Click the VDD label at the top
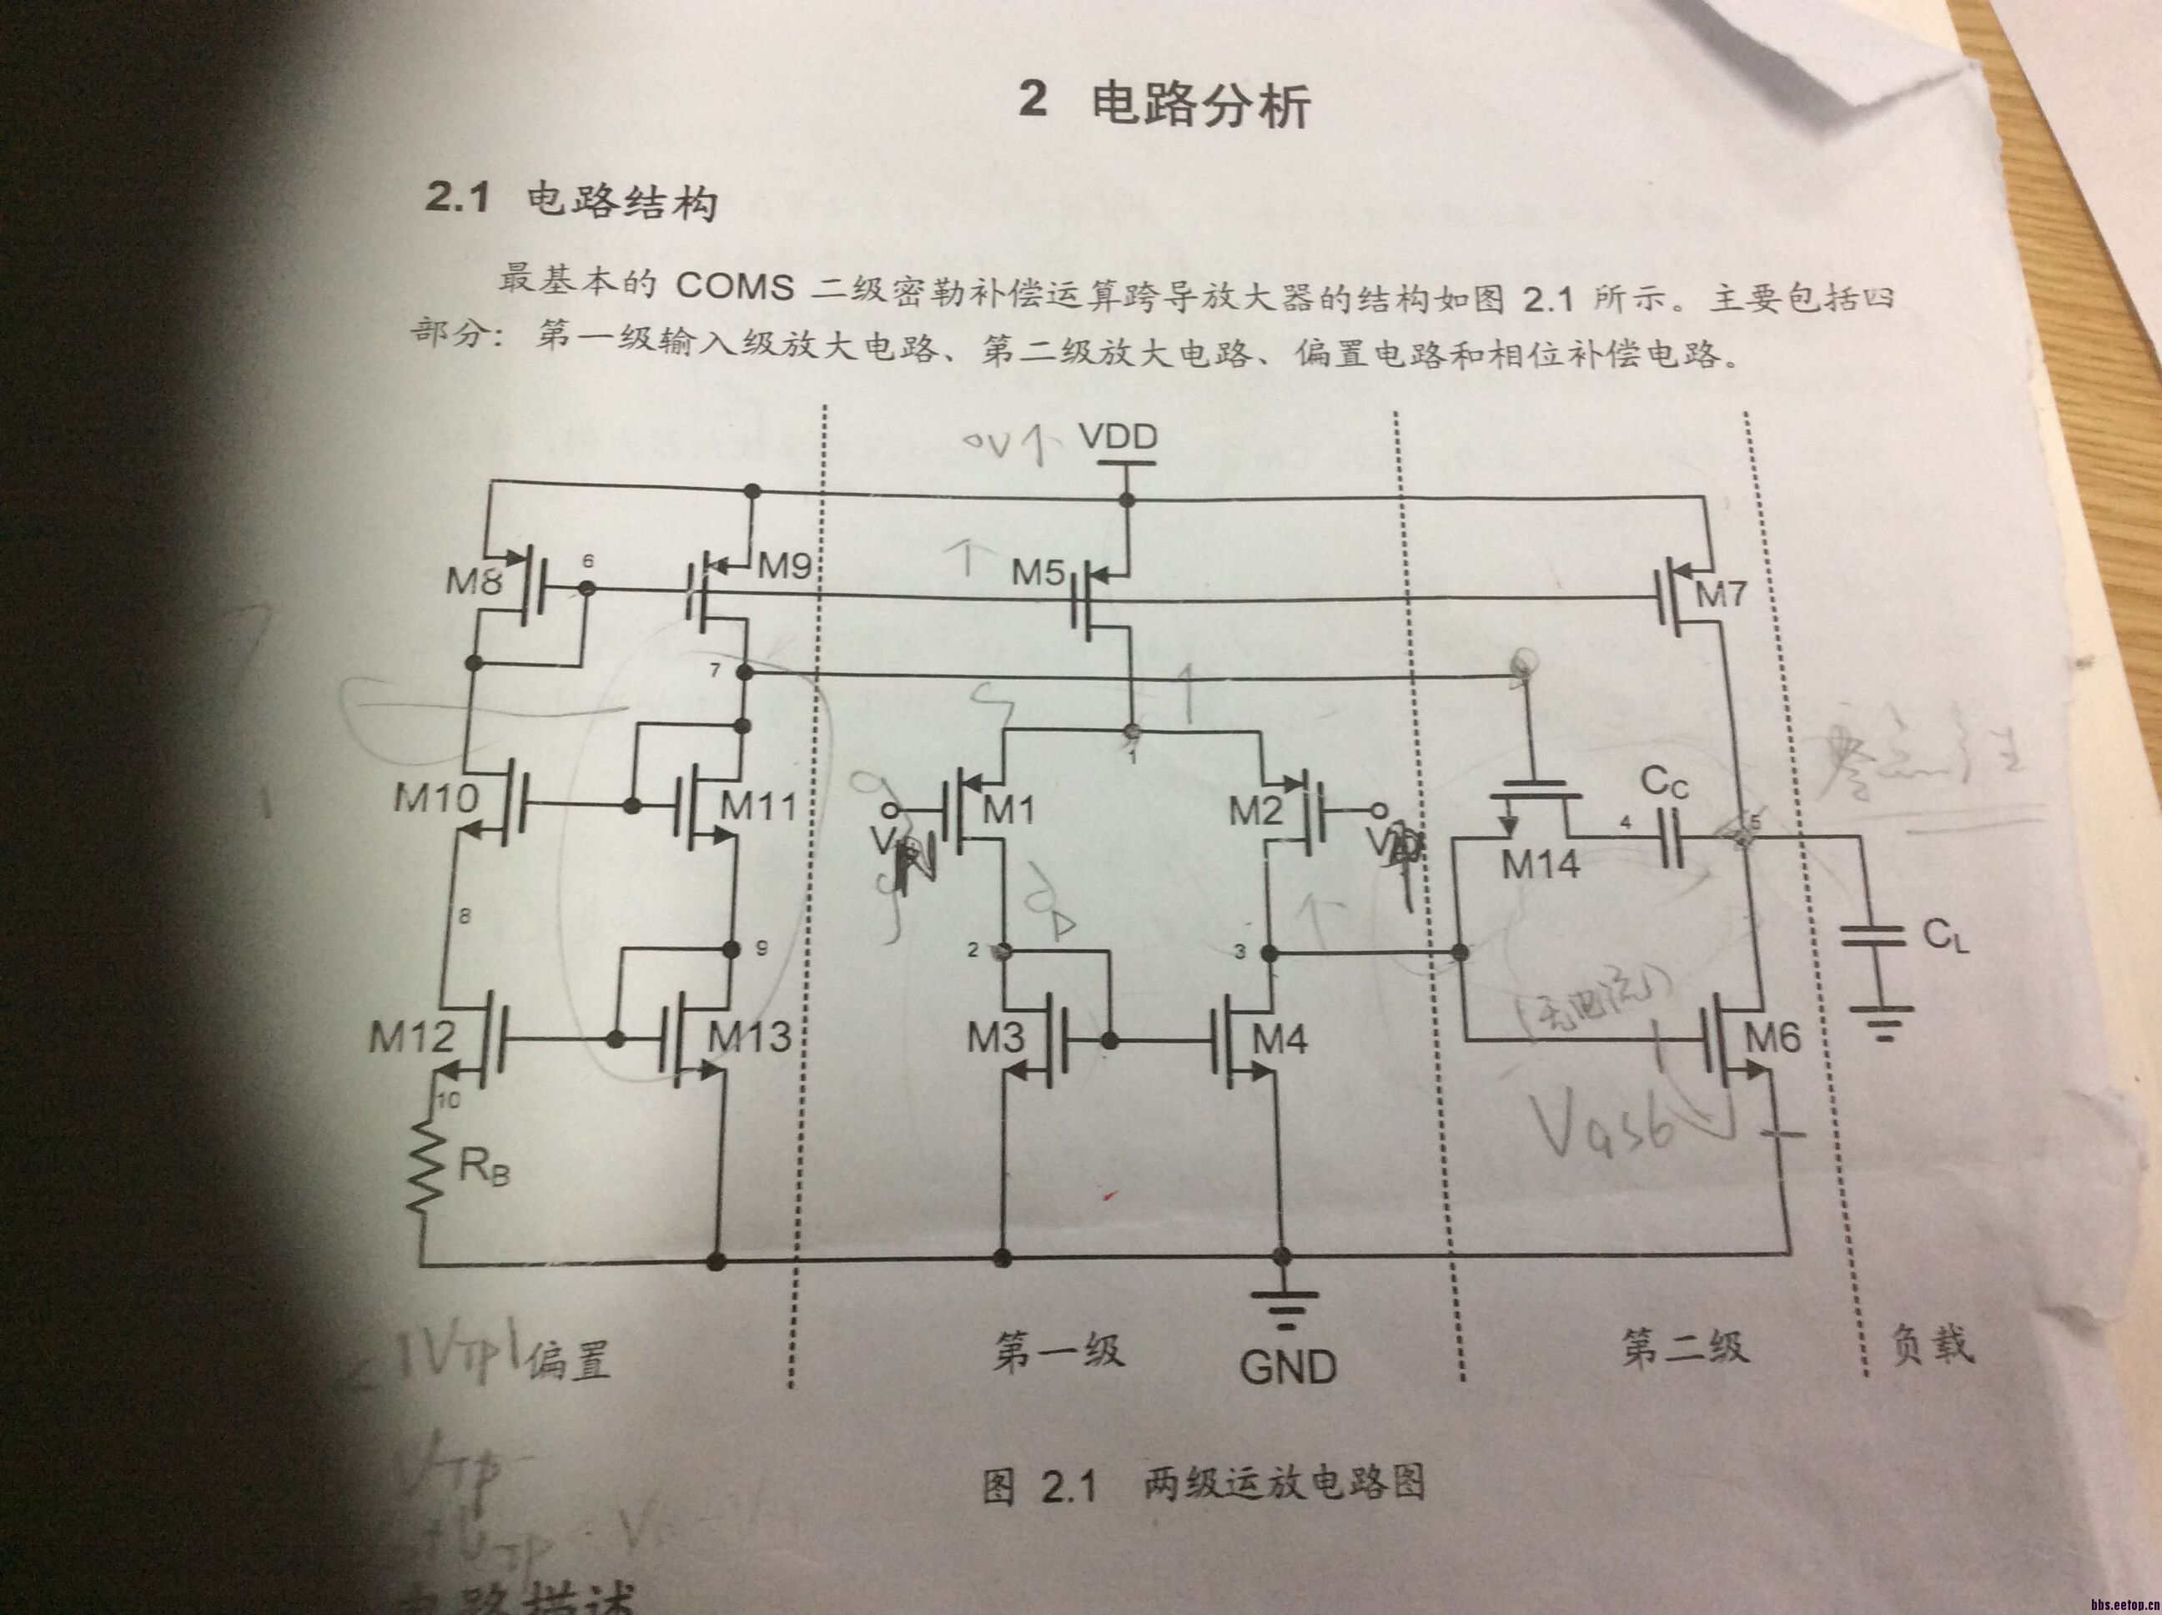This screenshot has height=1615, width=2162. click(1119, 437)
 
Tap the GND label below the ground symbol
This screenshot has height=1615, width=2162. click(1288, 1366)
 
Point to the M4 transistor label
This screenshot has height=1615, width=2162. click(1280, 1039)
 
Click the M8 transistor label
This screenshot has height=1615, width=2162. click(474, 584)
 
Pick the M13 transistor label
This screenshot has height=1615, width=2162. click(749, 1036)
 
